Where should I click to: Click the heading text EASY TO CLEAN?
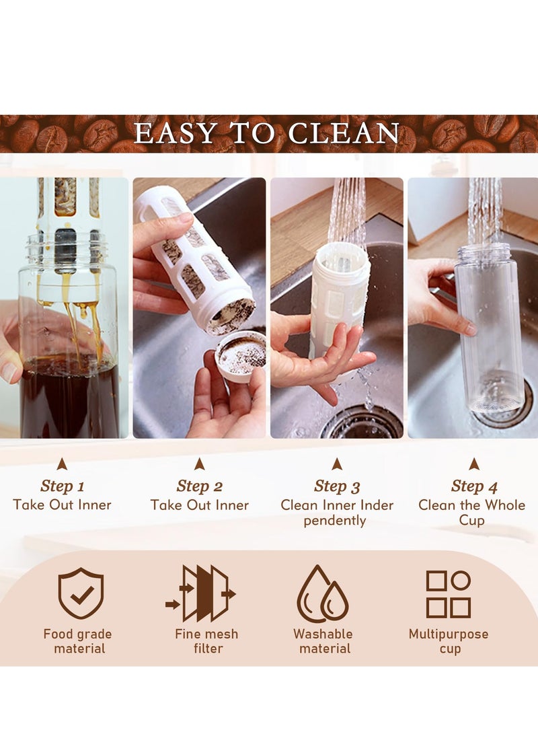tap(267, 134)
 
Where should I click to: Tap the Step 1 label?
tap(62, 486)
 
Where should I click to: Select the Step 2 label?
tap(199, 486)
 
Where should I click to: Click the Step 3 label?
tap(337, 486)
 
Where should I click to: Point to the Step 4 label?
tap(473, 486)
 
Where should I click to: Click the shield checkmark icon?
tap(81, 593)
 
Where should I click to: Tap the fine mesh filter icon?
tap(201, 593)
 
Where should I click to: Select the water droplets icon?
tap(323, 594)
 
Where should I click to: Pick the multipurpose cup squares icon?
tap(449, 594)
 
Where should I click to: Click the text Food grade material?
tap(77, 641)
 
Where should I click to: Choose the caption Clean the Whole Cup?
tap(472, 512)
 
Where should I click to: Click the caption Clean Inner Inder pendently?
tap(337, 512)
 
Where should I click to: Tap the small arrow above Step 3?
tap(337, 464)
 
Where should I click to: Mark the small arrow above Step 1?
tap(62, 464)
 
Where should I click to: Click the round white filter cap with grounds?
tap(240, 355)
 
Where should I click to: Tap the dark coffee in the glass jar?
tap(67, 397)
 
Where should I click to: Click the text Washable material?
tap(323, 641)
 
